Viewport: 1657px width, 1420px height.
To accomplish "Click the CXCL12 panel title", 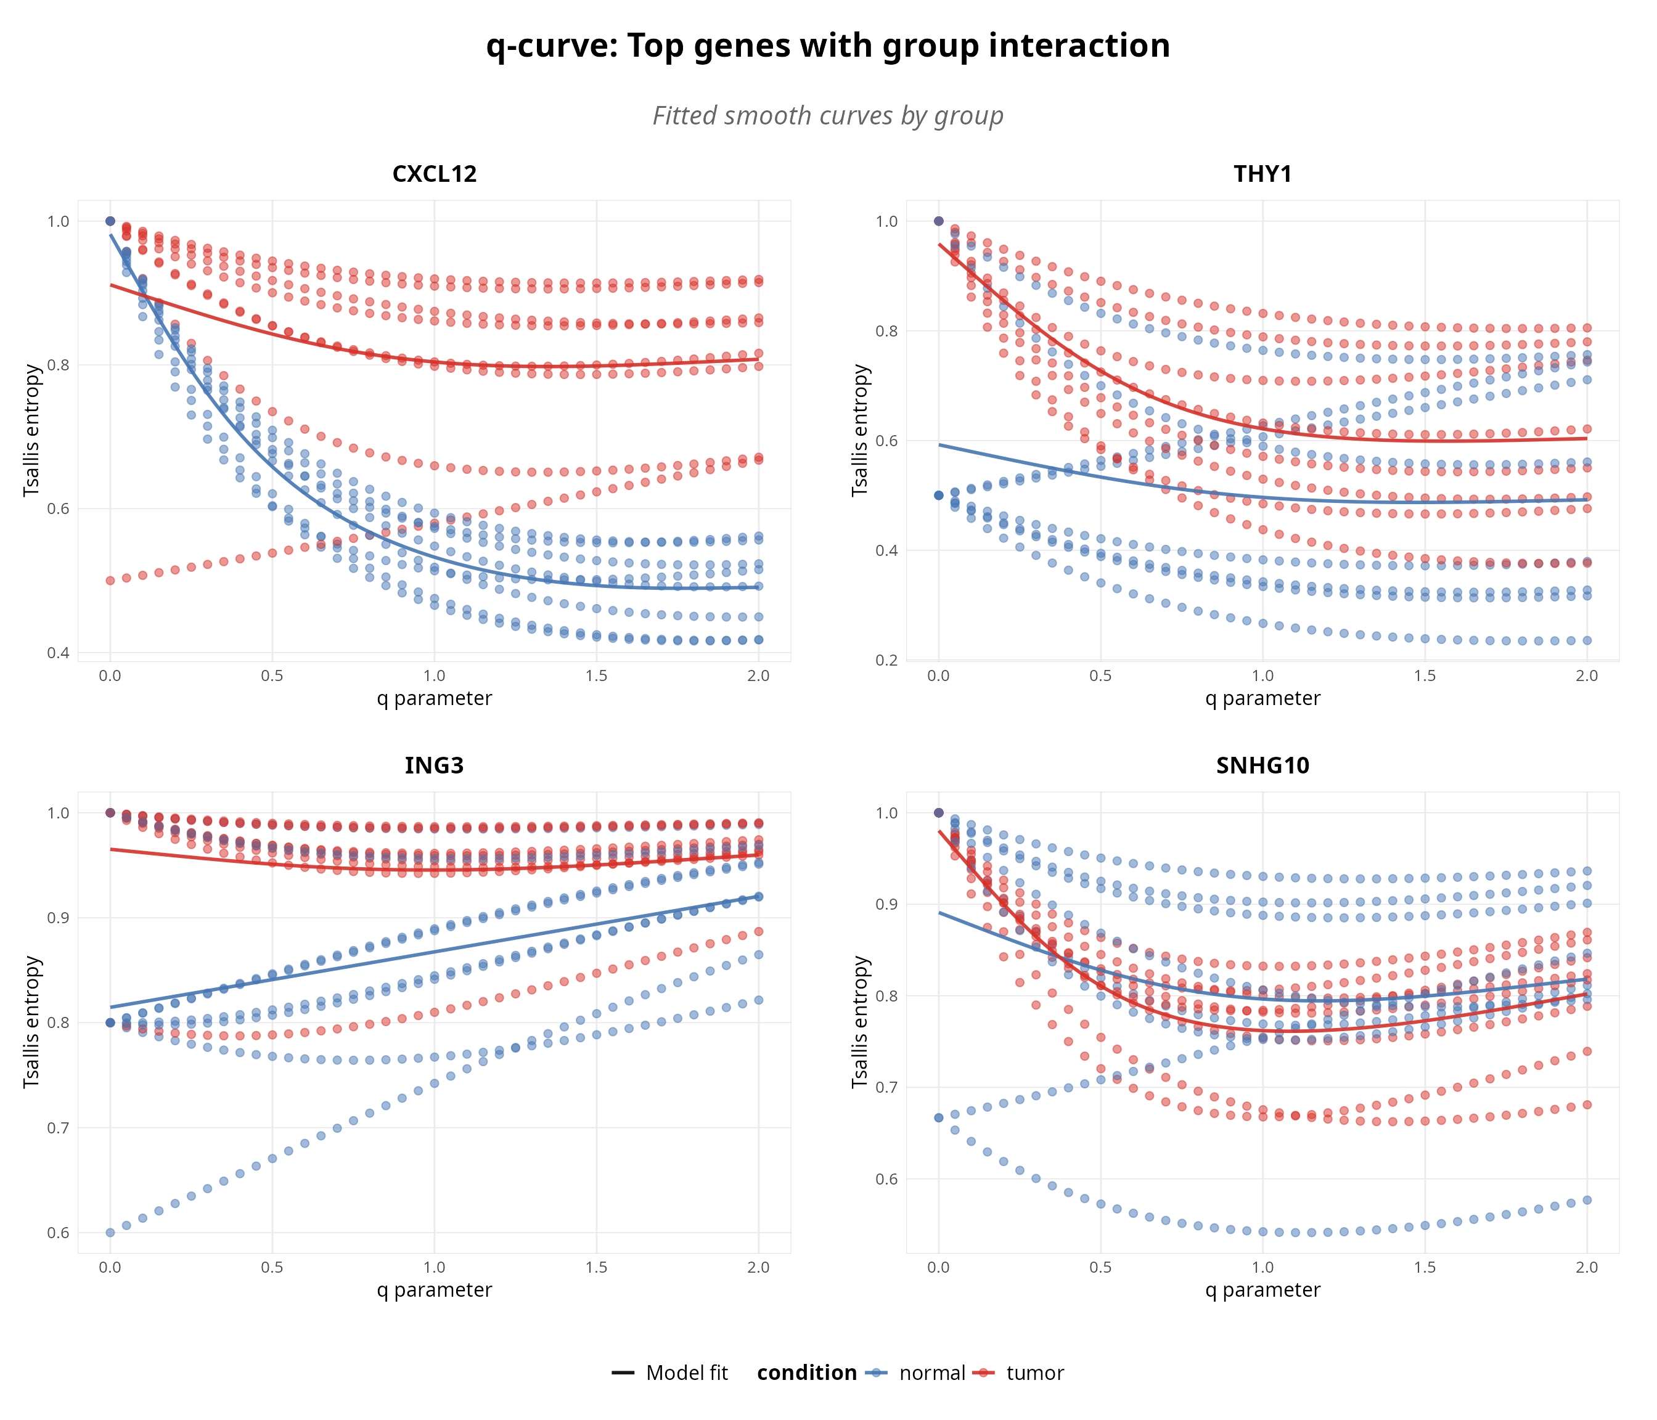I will tap(434, 174).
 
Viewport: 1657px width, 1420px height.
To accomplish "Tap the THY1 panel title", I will tap(1262, 174).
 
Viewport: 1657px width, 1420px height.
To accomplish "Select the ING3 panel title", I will tap(434, 766).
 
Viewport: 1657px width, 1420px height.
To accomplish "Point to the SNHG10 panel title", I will tap(1262, 766).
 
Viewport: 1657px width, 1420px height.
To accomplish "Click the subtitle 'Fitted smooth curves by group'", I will tap(828, 116).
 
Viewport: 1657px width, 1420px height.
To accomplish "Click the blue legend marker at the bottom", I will tap(876, 1373).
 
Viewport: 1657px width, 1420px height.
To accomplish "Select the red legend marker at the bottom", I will tap(983, 1373).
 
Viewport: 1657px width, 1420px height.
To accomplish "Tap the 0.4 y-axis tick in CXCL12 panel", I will tap(59, 653).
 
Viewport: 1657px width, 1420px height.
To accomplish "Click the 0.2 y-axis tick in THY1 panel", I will tap(887, 661).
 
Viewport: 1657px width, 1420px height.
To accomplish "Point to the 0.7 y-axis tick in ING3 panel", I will tap(59, 1128).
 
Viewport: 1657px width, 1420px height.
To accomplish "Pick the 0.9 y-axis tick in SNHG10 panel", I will tap(887, 904).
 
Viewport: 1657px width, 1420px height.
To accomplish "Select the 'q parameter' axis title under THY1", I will tap(1262, 699).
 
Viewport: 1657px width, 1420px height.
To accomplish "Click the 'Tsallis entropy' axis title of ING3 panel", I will tap(31, 1022).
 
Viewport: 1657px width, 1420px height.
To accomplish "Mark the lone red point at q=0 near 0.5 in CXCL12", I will tap(110, 581).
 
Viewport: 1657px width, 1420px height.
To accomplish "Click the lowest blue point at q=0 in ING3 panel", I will tap(110, 1232).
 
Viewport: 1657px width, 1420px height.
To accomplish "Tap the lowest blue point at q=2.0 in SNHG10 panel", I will tap(1587, 1200).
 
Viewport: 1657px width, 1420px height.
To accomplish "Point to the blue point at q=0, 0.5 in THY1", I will tap(939, 495).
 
